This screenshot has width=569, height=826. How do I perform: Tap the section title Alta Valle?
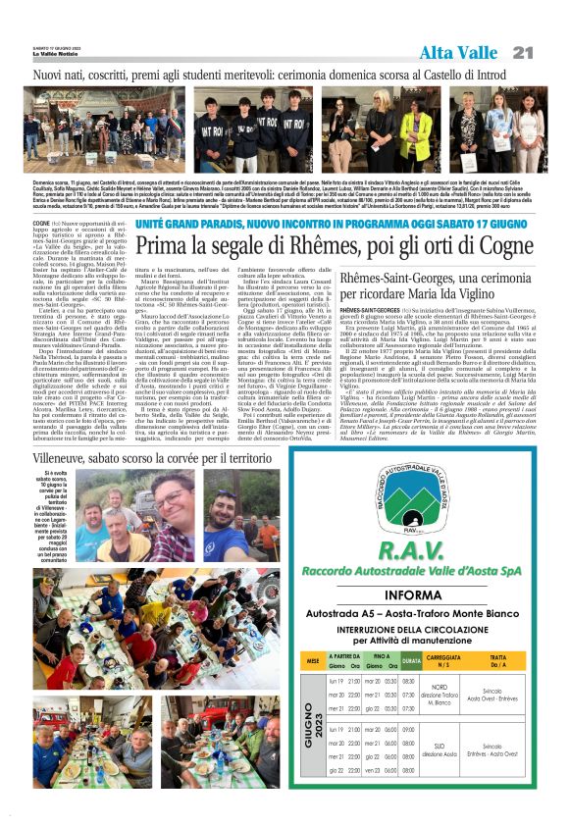coord(462,51)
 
